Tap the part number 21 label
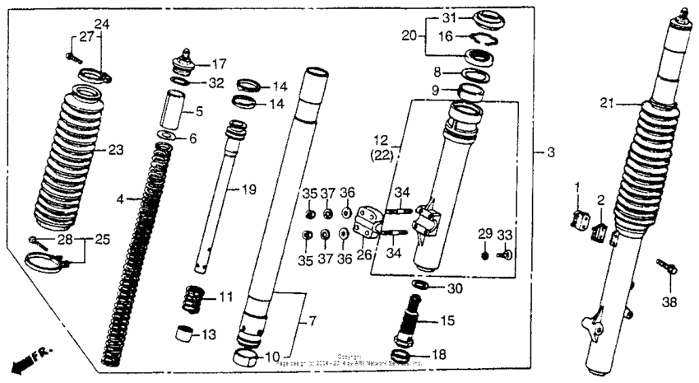607,104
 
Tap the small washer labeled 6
167,136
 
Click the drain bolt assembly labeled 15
410,317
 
